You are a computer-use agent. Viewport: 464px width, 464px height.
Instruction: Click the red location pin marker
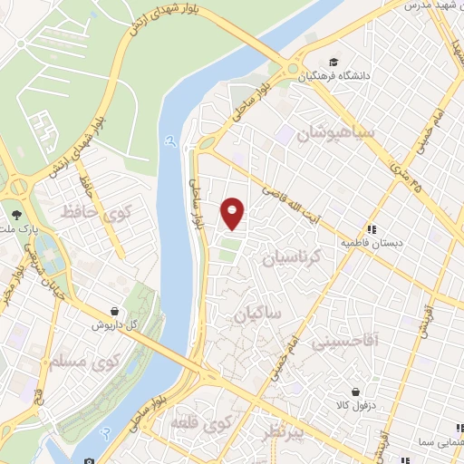pyautogui.click(x=233, y=212)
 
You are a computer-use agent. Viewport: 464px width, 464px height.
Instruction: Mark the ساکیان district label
pyautogui.click(x=256, y=314)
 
